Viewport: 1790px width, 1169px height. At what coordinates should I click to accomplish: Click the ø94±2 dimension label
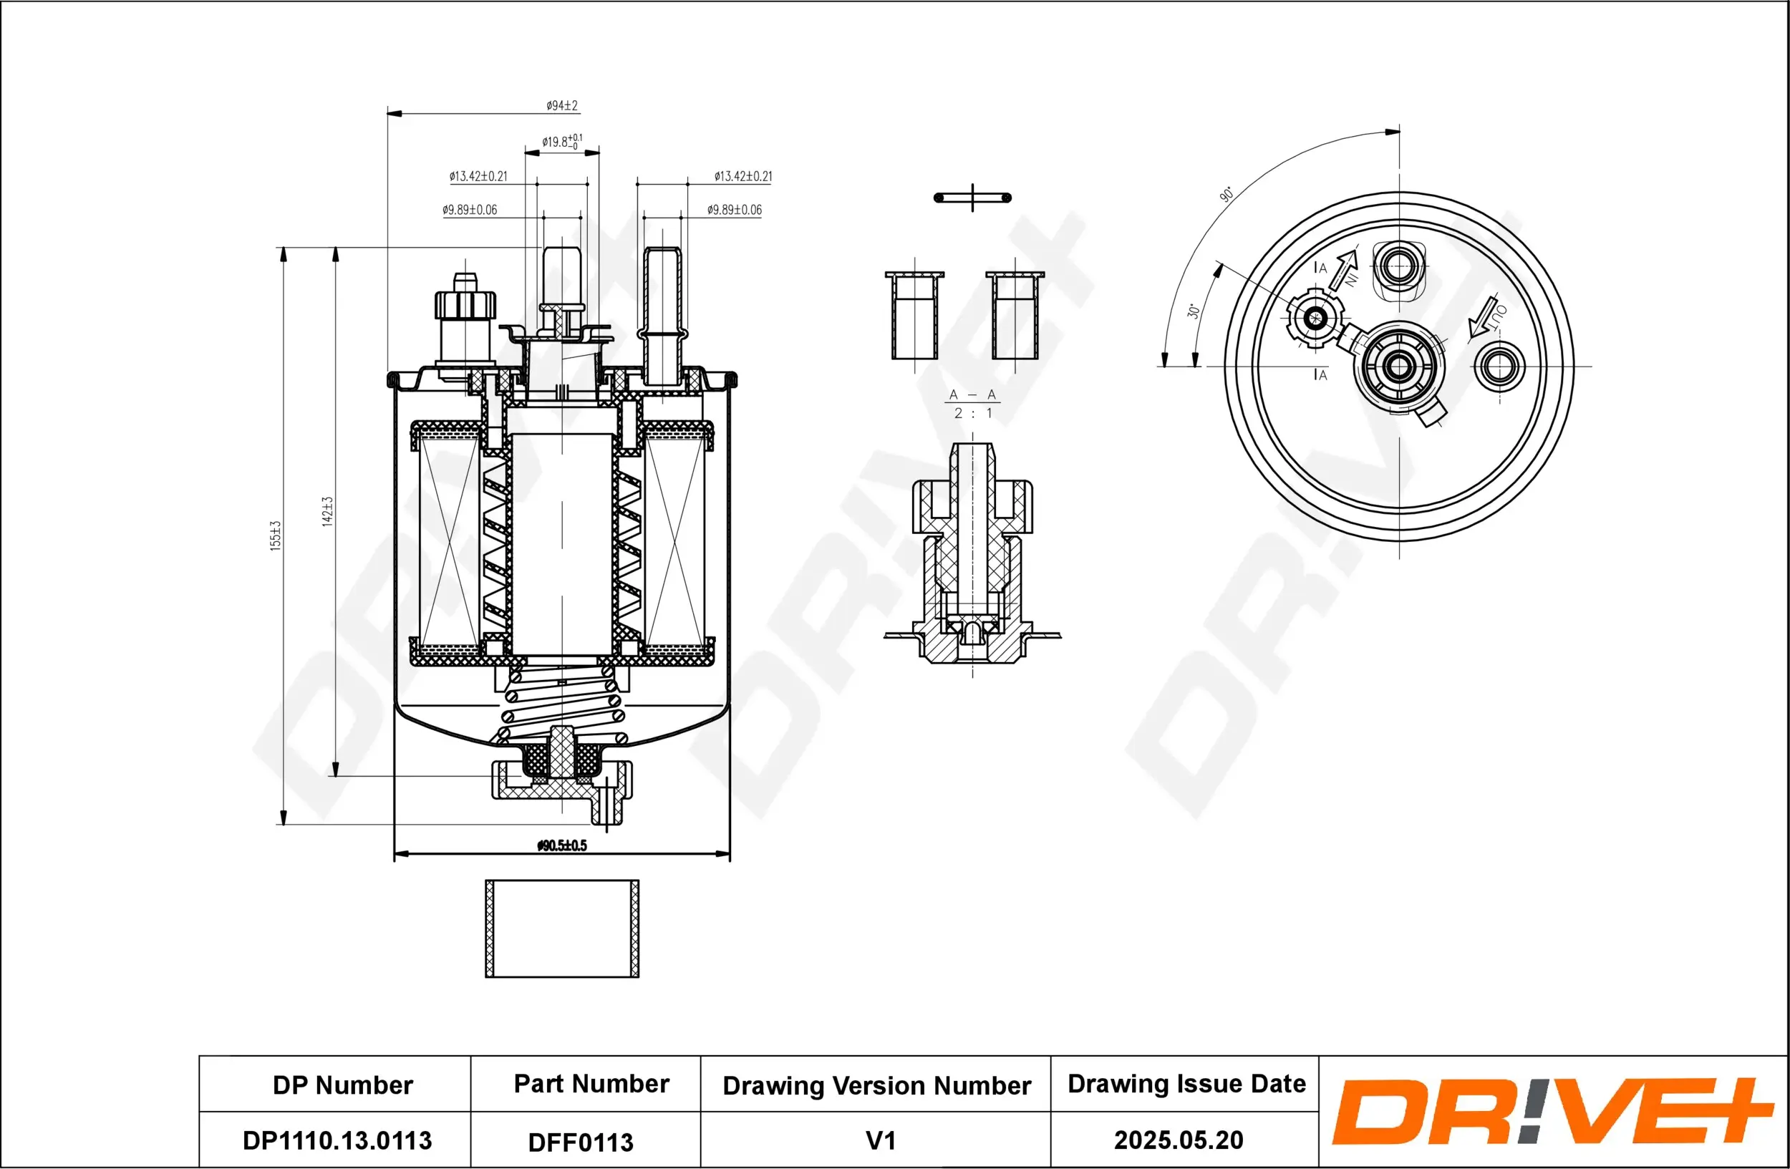click(562, 106)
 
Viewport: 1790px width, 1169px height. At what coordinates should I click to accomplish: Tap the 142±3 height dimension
click(327, 511)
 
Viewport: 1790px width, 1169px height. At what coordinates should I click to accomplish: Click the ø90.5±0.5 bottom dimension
click(562, 845)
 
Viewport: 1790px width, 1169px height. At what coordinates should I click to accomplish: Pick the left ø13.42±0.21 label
click(478, 177)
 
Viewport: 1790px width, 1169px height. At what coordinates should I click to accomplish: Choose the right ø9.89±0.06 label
click(734, 210)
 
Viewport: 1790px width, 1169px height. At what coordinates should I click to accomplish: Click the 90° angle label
click(1226, 194)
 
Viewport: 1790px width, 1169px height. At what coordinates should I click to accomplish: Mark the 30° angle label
click(1193, 311)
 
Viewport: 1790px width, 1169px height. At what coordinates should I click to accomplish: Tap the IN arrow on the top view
click(1344, 271)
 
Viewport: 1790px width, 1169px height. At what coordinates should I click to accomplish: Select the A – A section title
click(972, 394)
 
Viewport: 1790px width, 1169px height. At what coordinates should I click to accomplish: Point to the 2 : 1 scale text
click(972, 414)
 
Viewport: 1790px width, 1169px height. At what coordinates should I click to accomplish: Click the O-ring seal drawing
click(972, 198)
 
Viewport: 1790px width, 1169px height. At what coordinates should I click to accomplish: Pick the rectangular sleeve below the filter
click(562, 928)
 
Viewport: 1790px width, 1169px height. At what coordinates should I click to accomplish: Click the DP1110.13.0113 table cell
click(337, 1140)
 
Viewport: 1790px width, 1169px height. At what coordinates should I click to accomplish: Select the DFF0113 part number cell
click(581, 1143)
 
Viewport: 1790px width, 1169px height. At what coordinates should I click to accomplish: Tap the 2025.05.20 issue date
click(1178, 1140)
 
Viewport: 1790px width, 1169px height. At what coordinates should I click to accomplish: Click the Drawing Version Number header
click(876, 1085)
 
